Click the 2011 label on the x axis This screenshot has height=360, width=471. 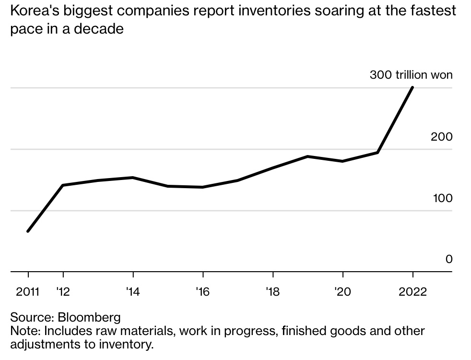[x=28, y=291]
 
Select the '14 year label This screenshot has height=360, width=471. [x=132, y=291]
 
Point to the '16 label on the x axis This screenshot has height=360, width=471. [x=202, y=291]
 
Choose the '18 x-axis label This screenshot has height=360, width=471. [x=272, y=291]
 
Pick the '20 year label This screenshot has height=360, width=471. [x=342, y=291]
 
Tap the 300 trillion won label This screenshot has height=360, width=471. [x=411, y=75]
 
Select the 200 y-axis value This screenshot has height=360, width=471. [x=442, y=137]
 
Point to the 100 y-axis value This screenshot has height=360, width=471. [x=443, y=198]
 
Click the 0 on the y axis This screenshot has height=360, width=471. [x=449, y=259]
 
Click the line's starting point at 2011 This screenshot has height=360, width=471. [x=28, y=231]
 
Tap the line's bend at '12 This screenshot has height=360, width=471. [x=63, y=185]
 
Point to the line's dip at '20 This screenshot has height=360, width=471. [x=342, y=161]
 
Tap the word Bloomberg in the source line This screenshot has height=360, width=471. [x=89, y=317]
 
